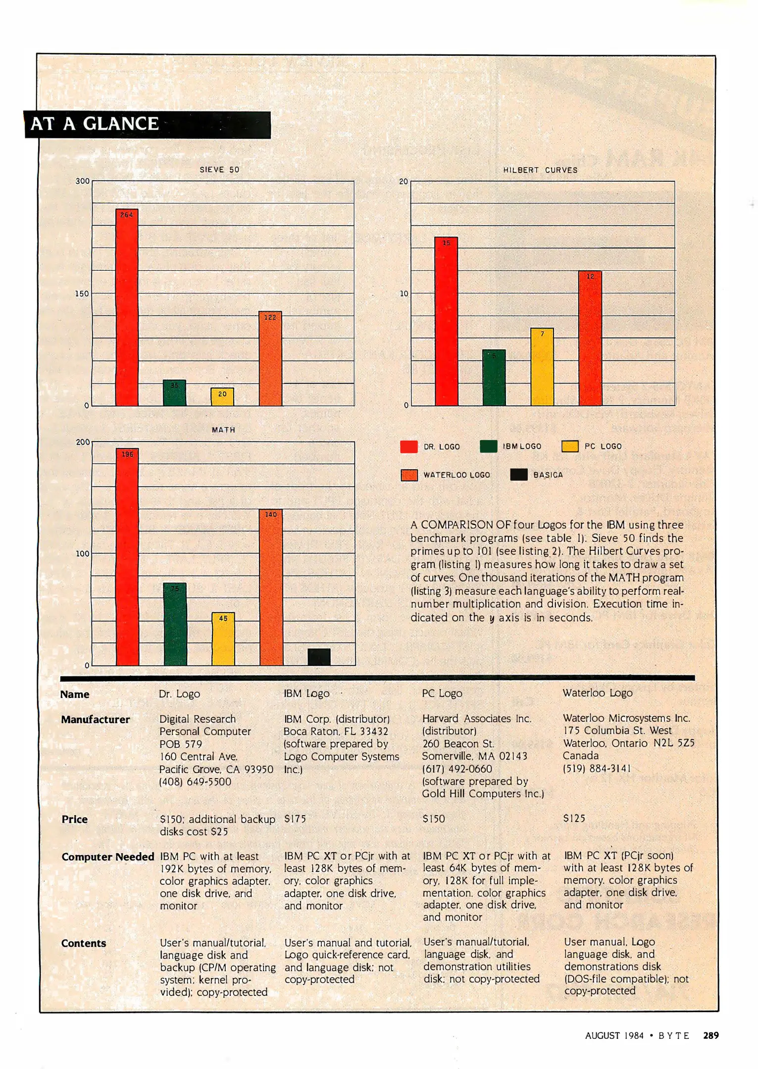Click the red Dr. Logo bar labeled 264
127,307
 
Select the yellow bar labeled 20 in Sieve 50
222,396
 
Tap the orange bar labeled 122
270,358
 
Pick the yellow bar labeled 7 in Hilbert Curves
542,367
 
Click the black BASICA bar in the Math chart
319,657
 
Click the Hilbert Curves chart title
540,170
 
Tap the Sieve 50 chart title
219,170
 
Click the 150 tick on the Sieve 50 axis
82,293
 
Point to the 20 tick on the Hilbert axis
404,182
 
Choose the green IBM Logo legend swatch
488,446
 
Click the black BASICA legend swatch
518,475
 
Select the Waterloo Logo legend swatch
409,475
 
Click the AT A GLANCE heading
95,124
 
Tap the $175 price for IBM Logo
295,819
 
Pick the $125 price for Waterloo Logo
574,819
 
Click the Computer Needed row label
107,857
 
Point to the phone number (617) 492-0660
457,769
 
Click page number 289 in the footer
711,1035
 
